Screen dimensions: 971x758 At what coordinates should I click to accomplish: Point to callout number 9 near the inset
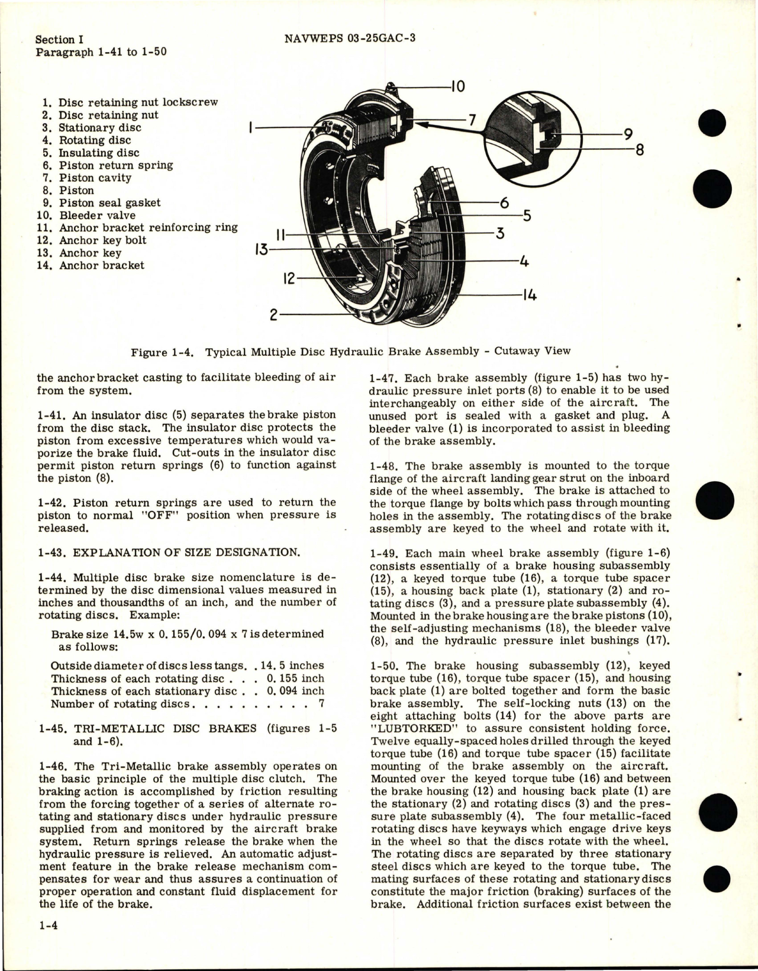point(628,134)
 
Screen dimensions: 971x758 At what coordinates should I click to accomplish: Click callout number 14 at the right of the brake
point(530,295)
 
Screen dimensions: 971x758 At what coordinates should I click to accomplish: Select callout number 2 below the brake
point(273,315)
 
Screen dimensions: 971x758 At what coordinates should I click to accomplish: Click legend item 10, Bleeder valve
point(91,216)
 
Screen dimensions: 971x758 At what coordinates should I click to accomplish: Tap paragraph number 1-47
point(382,378)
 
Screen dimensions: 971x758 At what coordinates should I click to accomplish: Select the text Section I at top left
point(59,40)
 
